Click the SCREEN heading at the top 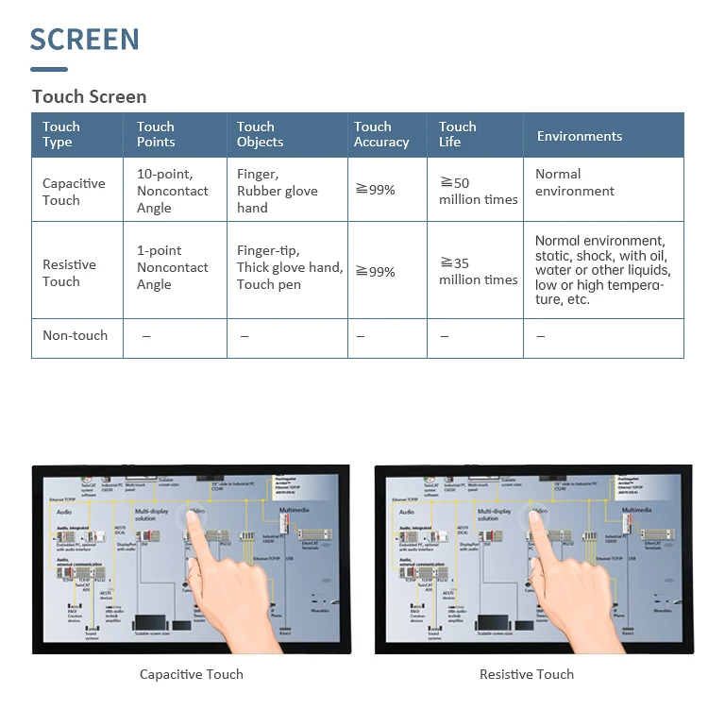(85, 40)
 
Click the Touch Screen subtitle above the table (89, 96)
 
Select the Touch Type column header (61, 134)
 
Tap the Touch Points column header (156, 134)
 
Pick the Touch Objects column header (260, 134)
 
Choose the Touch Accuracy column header (381, 134)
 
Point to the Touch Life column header (457, 134)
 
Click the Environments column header (580, 136)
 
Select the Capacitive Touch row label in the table (74, 192)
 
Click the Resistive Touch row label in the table (69, 273)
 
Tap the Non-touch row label (75, 335)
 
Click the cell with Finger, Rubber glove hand (277, 191)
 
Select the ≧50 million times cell (478, 191)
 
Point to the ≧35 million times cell (478, 271)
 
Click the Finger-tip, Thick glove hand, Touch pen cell (289, 267)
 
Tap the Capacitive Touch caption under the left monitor (191, 674)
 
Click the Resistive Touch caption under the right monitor (526, 674)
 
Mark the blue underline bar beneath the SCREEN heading (49, 69)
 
